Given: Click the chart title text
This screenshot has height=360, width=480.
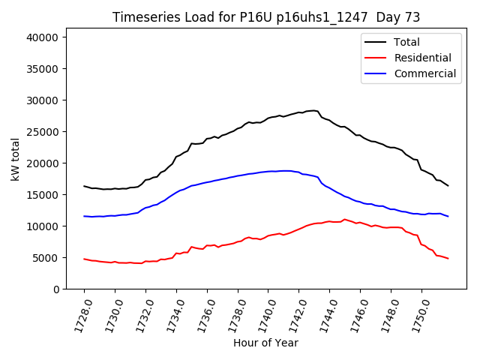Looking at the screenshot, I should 266,17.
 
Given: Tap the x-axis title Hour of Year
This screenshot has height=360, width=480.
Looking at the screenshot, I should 265,343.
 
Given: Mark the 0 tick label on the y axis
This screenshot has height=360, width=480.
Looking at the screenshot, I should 66,289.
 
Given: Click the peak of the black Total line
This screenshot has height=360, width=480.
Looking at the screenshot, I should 313,110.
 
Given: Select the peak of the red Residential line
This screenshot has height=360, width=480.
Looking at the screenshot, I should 344,219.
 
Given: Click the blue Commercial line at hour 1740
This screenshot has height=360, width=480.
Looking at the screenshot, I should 268,171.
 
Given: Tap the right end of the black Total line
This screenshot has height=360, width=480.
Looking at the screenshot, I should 448,185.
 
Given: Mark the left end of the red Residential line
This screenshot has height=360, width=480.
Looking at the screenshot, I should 84,259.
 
